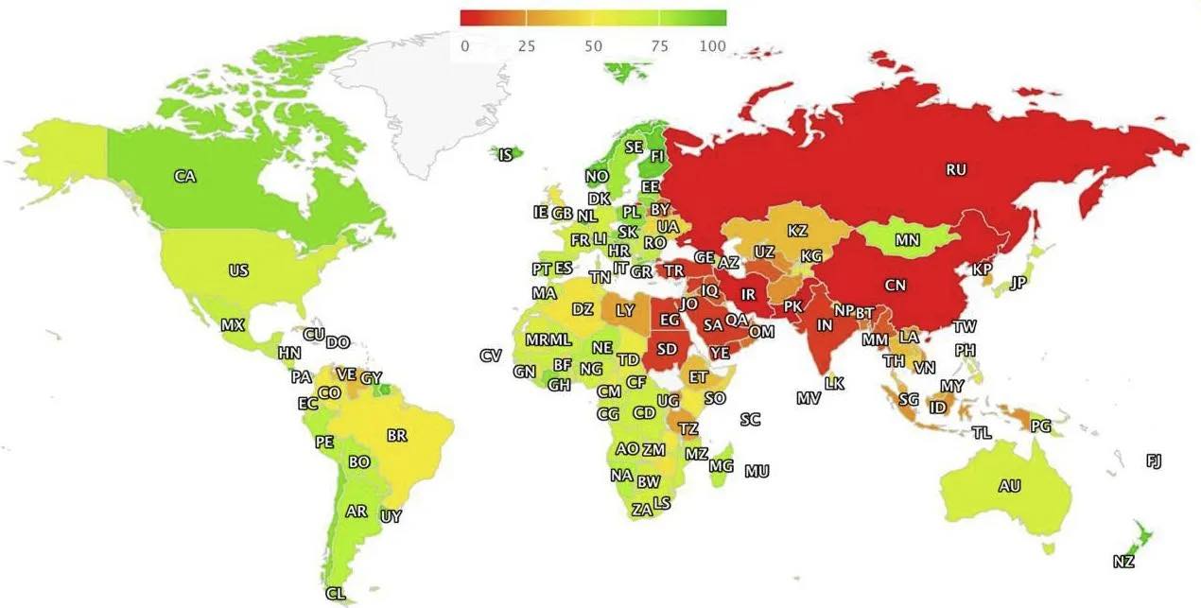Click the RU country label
pyautogui.click(x=956, y=170)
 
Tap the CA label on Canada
pyautogui.click(x=185, y=176)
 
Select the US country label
pyautogui.click(x=238, y=270)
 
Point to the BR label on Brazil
pyautogui.click(x=397, y=436)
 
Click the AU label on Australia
pyautogui.click(x=1010, y=486)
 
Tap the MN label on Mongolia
pyautogui.click(x=908, y=240)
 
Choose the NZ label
pyautogui.click(x=1123, y=562)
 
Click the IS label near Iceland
pyautogui.click(x=506, y=154)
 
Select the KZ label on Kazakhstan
pyautogui.click(x=797, y=230)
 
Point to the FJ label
pyautogui.click(x=1154, y=460)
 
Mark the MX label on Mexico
pyautogui.click(x=233, y=324)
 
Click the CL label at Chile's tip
pyautogui.click(x=335, y=594)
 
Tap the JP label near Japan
pyautogui.click(x=1018, y=283)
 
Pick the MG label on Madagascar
pyautogui.click(x=722, y=465)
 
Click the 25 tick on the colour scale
pyautogui.click(x=527, y=46)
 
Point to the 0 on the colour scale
pyautogui.click(x=464, y=46)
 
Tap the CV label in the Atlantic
pyautogui.click(x=490, y=356)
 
